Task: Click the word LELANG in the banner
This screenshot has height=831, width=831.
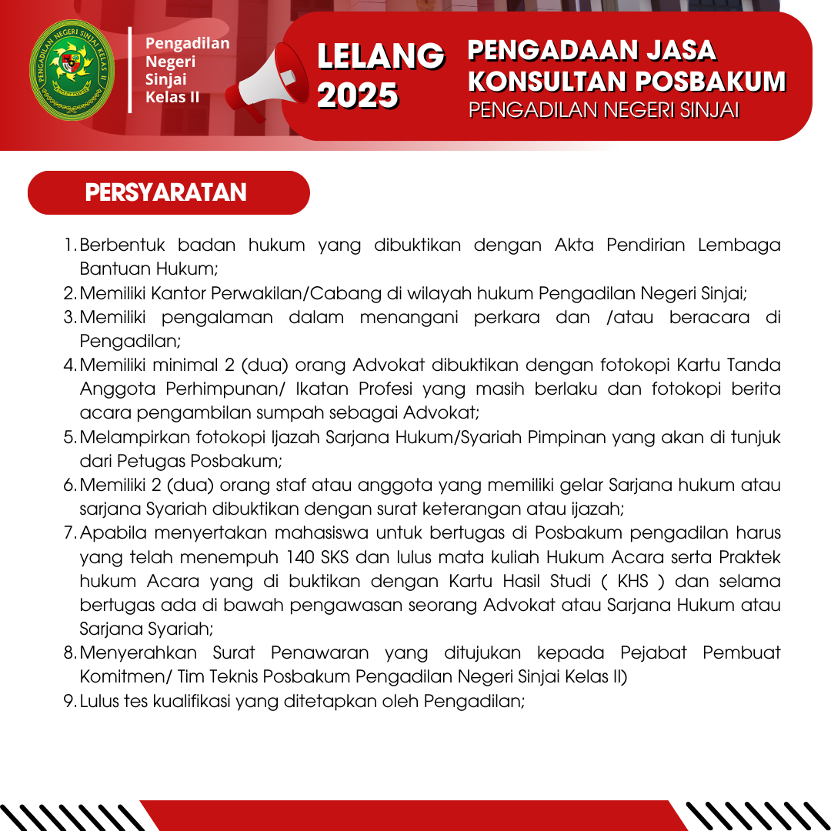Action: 381,56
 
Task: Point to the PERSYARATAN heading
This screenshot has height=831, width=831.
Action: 166,192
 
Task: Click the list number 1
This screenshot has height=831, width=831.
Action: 68,245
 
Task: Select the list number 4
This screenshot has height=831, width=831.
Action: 68,365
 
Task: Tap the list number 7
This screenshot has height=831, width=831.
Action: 68,532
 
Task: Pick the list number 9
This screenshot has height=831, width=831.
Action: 68,701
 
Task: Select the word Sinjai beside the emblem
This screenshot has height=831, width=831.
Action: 166,79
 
